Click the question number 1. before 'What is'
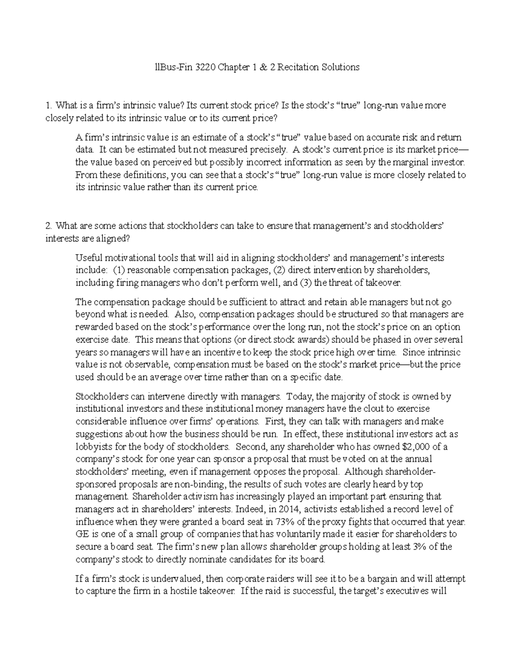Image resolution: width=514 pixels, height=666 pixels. [48, 105]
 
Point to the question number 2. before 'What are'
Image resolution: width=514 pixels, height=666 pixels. [48, 226]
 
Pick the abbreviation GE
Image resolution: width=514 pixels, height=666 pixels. [81, 534]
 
